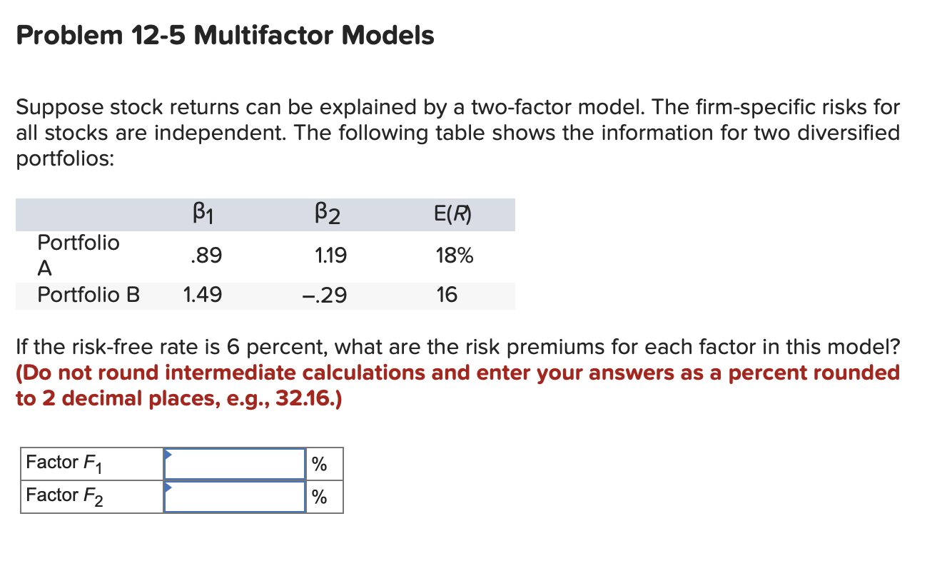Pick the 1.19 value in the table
click(330, 255)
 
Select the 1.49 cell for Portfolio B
click(202, 295)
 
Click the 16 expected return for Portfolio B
click(447, 295)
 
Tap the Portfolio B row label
click(88, 295)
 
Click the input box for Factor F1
click(235, 464)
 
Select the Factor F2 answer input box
click(235, 496)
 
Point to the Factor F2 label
click(64, 496)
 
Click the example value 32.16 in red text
click(308, 398)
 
